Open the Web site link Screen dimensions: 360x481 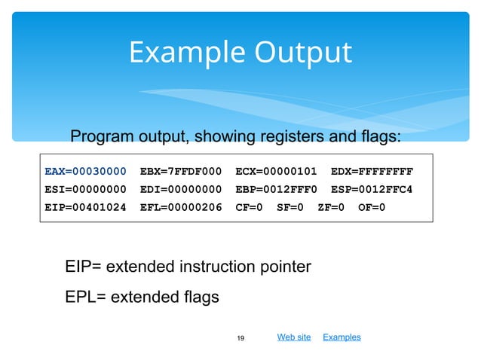pyautogui.click(x=294, y=337)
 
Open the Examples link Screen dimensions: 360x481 pyautogui.click(x=342, y=337)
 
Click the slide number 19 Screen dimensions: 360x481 pyautogui.click(x=240, y=338)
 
